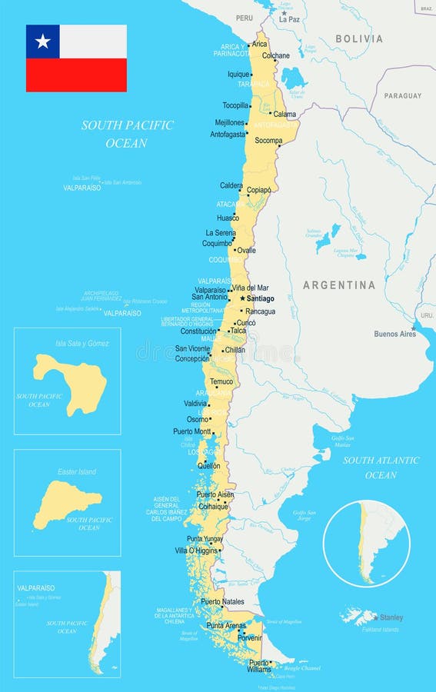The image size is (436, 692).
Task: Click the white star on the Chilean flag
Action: [x=43, y=42]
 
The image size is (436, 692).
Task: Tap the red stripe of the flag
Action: [x=76, y=75]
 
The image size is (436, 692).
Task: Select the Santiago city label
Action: [x=261, y=298]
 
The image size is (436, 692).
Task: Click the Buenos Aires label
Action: [x=394, y=334]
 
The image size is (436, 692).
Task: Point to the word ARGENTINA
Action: [x=339, y=285]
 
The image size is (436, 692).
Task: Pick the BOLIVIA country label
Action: [x=358, y=38]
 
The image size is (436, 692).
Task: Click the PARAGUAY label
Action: [x=403, y=96]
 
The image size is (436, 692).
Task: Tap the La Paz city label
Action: [x=289, y=19]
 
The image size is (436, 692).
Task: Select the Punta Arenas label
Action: [x=226, y=626]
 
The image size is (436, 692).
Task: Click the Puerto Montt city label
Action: [x=192, y=431]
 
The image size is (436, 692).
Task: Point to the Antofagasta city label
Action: [x=228, y=134]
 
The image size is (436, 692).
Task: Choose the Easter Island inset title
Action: [x=77, y=471]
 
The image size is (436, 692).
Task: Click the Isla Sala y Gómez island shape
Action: [x=69, y=382]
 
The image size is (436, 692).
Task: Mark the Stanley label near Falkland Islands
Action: [x=391, y=617]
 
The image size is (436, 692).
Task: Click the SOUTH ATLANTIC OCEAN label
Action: [x=381, y=467]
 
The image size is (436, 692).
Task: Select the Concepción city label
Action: [x=191, y=358]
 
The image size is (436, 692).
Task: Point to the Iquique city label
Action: [x=239, y=75]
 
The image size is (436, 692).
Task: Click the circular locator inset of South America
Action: [x=366, y=544]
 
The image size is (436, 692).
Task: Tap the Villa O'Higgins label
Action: [x=196, y=551]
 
